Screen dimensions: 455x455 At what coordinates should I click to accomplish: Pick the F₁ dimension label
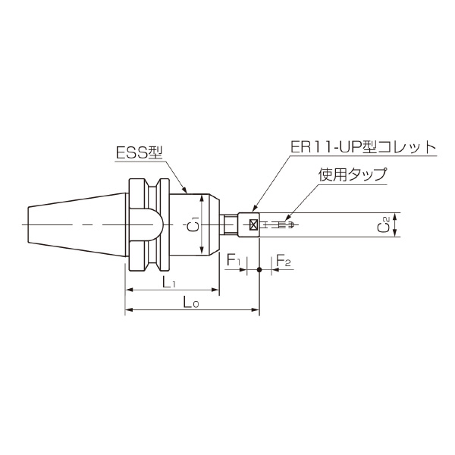(x=234, y=262)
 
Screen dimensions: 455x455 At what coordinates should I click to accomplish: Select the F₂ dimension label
(x=284, y=262)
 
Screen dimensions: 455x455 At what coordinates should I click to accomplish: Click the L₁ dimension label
(x=170, y=282)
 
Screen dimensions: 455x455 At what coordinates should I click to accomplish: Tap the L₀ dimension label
(x=191, y=303)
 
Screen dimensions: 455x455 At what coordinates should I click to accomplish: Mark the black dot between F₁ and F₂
(x=259, y=270)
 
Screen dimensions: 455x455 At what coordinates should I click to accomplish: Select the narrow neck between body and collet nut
(x=228, y=225)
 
